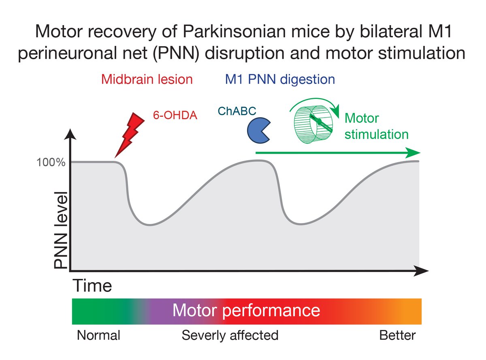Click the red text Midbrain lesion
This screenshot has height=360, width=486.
click(x=147, y=79)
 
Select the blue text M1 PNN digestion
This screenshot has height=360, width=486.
click(x=280, y=79)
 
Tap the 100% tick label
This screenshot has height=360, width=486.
click(x=51, y=163)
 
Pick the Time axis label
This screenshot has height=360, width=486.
click(x=92, y=286)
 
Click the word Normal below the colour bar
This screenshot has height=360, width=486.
click(x=98, y=336)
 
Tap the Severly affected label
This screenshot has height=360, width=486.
click(x=230, y=336)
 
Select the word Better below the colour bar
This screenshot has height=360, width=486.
click(x=397, y=336)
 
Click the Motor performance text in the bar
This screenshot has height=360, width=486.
click(x=246, y=311)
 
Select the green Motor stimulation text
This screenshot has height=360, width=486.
click(x=376, y=126)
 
